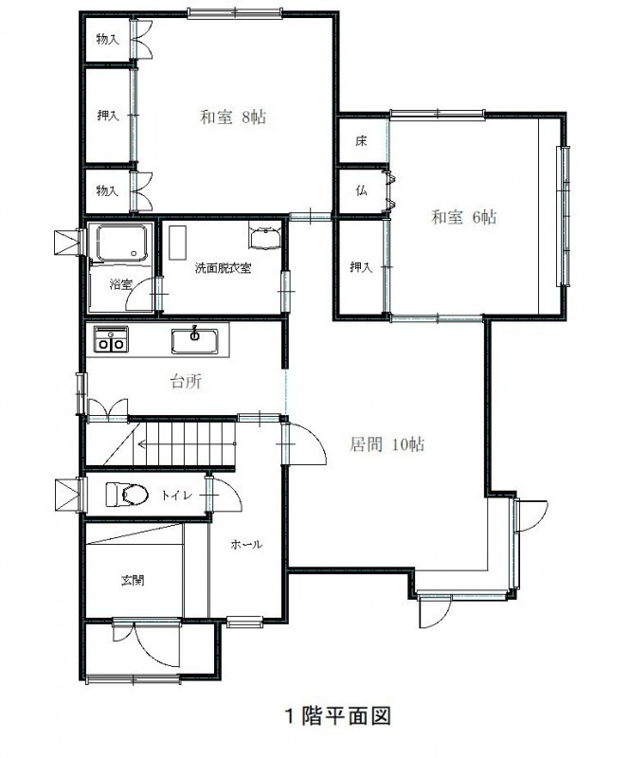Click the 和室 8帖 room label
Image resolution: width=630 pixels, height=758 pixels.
[233, 117]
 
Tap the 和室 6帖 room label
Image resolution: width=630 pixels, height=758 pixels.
[463, 217]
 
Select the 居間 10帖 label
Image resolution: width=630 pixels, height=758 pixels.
[387, 443]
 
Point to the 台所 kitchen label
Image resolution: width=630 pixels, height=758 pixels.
[186, 382]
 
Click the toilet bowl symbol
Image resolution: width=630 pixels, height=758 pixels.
[127, 495]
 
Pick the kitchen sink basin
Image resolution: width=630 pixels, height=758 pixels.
[195, 341]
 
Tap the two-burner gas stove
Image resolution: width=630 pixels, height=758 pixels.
[111, 339]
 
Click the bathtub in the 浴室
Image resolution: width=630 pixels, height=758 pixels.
[121, 244]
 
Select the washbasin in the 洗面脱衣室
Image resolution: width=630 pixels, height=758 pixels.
[264, 237]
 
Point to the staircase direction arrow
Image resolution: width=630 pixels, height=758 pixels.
[187, 443]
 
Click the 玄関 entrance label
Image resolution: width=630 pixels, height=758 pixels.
[133, 580]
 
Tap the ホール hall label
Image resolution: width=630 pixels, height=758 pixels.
[246, 544]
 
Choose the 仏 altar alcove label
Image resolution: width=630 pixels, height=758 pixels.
[361, 191]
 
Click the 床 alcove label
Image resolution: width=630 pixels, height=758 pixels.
[361, 141]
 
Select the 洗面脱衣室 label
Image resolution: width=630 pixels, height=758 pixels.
[223, 268]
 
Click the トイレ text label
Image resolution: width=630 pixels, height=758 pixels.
[177, 496]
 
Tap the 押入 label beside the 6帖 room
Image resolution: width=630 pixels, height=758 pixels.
[361, 266]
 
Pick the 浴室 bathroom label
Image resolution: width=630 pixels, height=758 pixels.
[120, 284]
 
